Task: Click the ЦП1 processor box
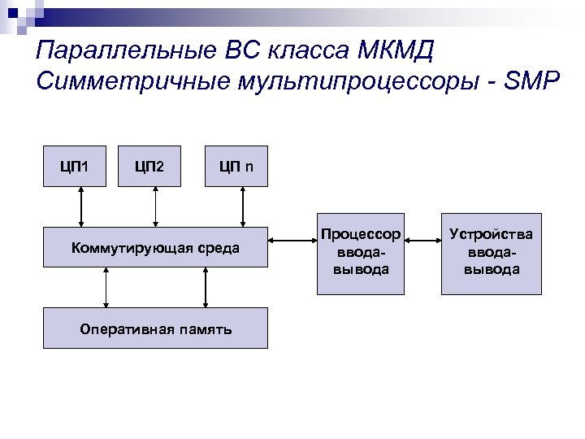point(73,167)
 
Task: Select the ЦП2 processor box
point(149,167)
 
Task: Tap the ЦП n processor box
point(236,167)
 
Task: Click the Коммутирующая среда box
point(155,247)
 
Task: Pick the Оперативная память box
point(155,328)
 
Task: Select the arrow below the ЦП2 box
point(155,206)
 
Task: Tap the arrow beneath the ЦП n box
point(242,206)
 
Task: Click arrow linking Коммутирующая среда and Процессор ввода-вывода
point(293,241)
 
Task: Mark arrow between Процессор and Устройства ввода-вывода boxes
point(422,241)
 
